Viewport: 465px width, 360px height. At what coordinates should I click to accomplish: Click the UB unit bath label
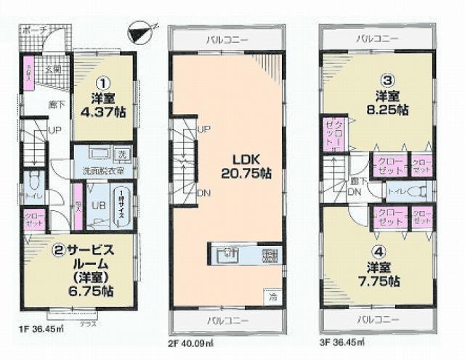(99, 205)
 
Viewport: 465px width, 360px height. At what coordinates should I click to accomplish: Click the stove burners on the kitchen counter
(270, 255)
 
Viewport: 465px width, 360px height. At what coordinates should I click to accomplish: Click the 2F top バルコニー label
(227, 37)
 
